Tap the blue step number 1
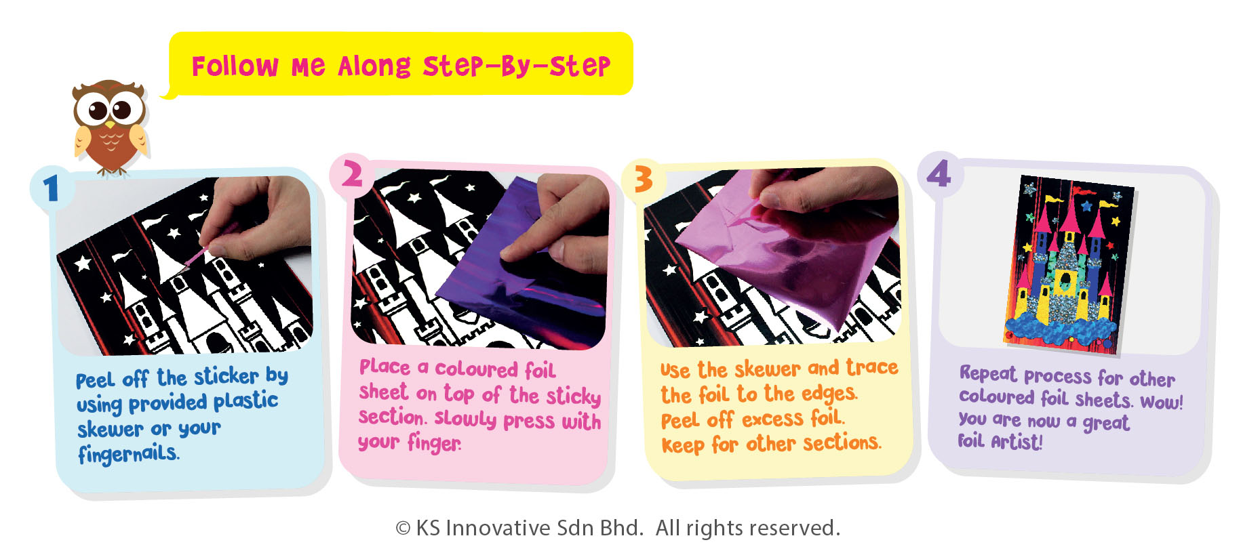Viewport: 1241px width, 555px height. pyautogui.click(x=51, y=189)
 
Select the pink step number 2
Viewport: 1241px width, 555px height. pyautogui.click(x=352, y=175)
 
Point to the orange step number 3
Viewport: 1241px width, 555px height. pyautogui.click(x=643, y=180)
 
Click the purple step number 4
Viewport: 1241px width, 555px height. pyautogui.click(x=939, y=173)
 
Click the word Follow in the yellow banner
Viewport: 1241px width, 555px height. pyautogui.click(x=235, y=66)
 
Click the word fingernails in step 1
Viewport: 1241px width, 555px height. pyautogui.click(x=128, y=453)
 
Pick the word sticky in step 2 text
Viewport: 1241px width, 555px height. pyautogui.click(x=574, y=396)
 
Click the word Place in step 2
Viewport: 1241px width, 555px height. pyautogui.click(x=385, y=367)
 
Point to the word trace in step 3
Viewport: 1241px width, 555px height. pyautogui.click(x=871, y=367)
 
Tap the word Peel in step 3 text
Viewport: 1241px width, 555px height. pyautogui.click(x=680, y=421)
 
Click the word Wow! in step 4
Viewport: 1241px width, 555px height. pyautogui.click(x=1162, y=402)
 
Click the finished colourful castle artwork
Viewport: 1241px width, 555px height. pyautogui.click(x=1069, y=264)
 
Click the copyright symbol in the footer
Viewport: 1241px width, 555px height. pyautogui.click(x=403, y=529)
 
